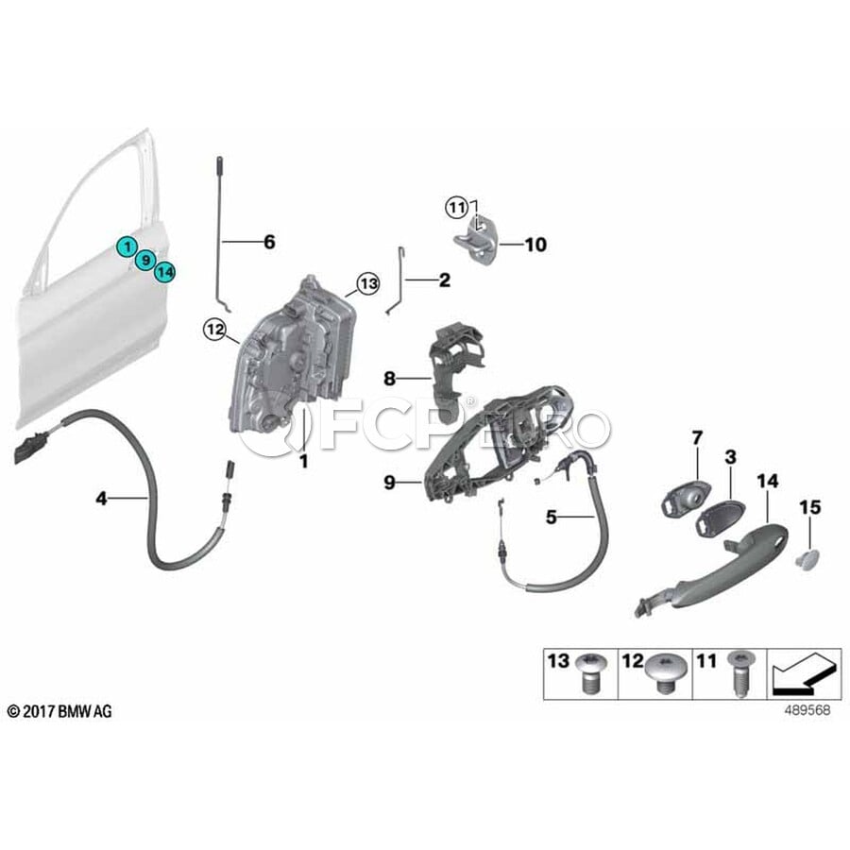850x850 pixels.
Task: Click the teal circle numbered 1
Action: (127, 247)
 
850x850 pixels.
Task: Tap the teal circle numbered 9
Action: (145, 261)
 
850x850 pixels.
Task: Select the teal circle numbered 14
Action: (164, 272)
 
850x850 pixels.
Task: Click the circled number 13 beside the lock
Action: (368, 283)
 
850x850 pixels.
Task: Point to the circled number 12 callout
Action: (214, 329)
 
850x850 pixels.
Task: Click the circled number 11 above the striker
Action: (457, 208)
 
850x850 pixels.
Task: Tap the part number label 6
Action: (269, 242)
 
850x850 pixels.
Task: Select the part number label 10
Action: (535, 245)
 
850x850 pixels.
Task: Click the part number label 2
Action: (445, 280)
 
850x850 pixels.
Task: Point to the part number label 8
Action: (389, 379)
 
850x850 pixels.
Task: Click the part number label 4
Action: (101, 498)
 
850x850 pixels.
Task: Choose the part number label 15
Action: (810, 507)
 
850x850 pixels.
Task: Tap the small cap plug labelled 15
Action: (808, 559)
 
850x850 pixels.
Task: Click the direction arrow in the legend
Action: (804, 674)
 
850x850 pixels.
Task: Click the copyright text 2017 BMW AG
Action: (59, 711)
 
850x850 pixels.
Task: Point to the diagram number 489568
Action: (807, 710)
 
